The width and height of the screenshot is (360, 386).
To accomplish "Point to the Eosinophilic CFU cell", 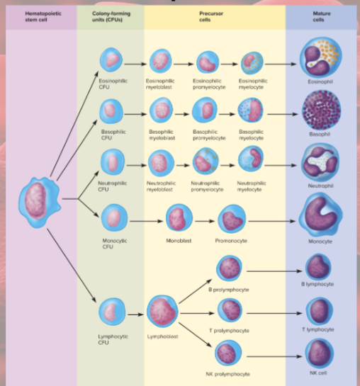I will click(112, 62).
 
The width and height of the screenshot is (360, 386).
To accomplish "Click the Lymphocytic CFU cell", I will click(111, 312).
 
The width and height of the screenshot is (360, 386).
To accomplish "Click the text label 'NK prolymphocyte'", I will click(228, 373).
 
